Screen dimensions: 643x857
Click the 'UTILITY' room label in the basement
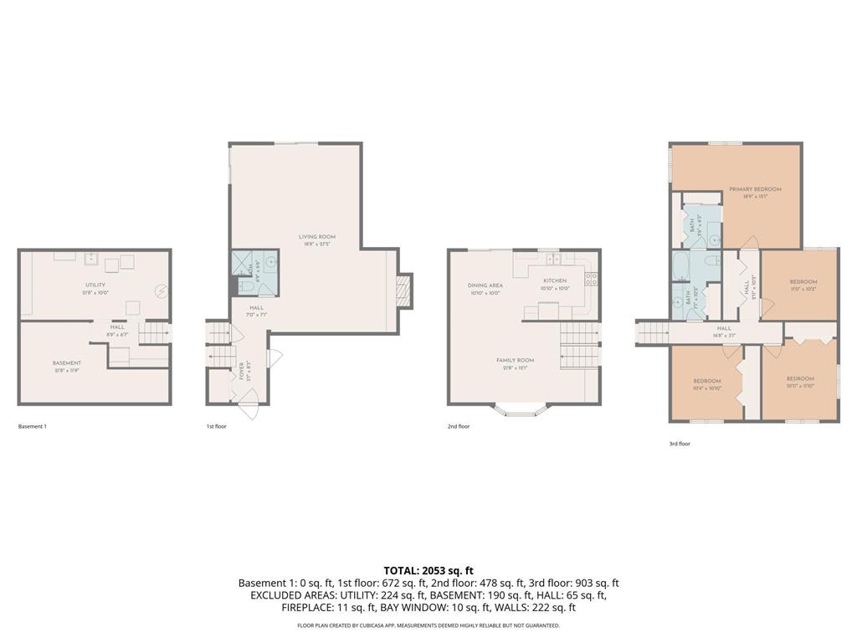[x=95, y=285]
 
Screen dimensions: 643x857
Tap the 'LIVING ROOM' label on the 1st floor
[x=317, y=237]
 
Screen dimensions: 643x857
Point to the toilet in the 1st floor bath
[x=245, y=287]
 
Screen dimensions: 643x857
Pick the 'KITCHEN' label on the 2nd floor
[x=555, y=280]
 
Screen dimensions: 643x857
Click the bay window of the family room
[x=520, y=410]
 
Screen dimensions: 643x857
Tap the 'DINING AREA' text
[x=485, y=285]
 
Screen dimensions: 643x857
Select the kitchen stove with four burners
[x=591, y=280]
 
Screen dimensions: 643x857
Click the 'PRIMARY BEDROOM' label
[x=754, y=190]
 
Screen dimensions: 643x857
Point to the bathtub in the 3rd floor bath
[x=681, y=268]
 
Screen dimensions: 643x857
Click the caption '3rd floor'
[x=679, y=444]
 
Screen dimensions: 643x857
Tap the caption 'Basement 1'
[x=33, y=426]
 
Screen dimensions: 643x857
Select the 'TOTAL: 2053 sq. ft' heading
[x=428, y=570]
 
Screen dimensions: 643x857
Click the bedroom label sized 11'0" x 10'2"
[x=803, y=281]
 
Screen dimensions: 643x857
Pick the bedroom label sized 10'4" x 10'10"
[x=707, y=381]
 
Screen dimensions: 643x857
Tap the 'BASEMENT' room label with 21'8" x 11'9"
[x=67, y=363]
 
